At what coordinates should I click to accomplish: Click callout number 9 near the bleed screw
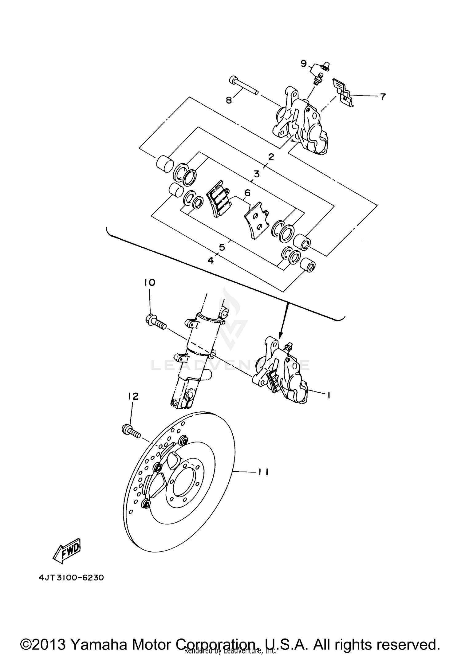click(x=303, y=64)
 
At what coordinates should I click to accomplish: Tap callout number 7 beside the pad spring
click(x=382, y=97)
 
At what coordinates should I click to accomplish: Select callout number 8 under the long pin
click(x=229, y=100)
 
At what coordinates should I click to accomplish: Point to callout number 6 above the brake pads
click(x=247, y=193)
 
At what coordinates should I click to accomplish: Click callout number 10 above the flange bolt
click(x=150, y=282)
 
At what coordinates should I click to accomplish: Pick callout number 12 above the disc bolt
click(x=133, y=396)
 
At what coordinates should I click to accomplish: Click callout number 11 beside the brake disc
click(x=263, y=472)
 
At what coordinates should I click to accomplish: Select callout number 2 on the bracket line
click(x=270, y=157)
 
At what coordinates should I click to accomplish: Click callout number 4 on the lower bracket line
click(x=211, y=260)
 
